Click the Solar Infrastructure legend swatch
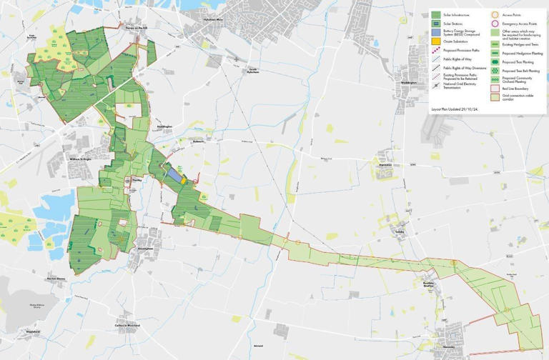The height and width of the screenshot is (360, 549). [435, 14]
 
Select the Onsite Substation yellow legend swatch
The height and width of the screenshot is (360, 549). [435, 41]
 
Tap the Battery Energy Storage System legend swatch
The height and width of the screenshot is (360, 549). [435, 32]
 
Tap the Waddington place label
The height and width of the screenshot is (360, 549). [408, 82]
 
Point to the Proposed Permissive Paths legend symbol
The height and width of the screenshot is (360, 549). [435, 51]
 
